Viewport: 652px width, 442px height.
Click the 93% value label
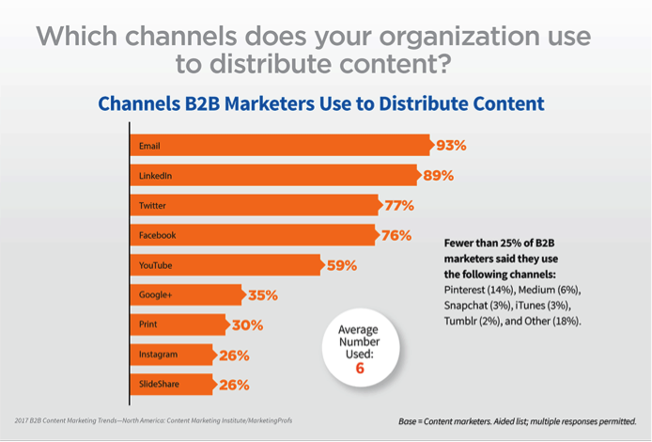(451, 146)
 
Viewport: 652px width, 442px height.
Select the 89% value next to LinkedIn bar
(438, 176)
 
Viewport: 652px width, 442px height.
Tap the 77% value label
(398, 206)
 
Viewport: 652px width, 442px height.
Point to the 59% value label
(341, 265)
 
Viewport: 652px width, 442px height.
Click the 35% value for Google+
(262, 295)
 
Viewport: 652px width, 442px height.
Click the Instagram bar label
(157, 355)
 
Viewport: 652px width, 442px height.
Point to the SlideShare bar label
(159, 385)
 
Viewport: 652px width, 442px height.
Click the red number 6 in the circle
(359, 369)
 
